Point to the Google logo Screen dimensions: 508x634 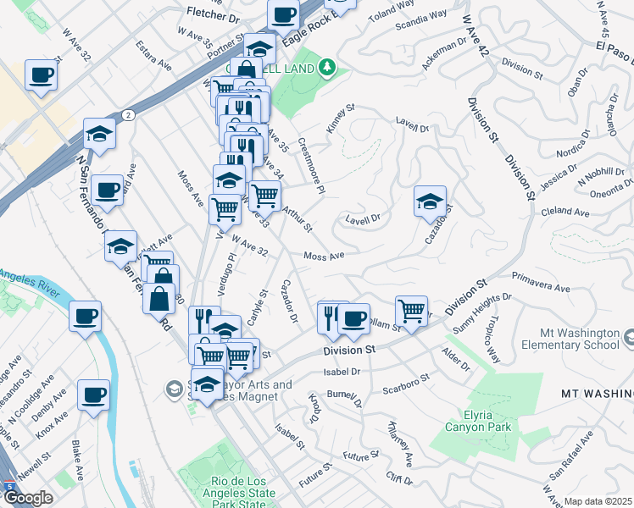[x=27, y=498]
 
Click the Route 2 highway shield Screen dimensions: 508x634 [x=126, y=114]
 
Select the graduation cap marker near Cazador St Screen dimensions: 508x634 [x=430, y=202]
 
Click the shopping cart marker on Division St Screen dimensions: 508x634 [x=411, y=311]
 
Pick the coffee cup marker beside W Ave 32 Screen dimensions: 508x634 [x=40, y=75]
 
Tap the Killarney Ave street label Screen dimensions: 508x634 [x=399, y=445]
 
